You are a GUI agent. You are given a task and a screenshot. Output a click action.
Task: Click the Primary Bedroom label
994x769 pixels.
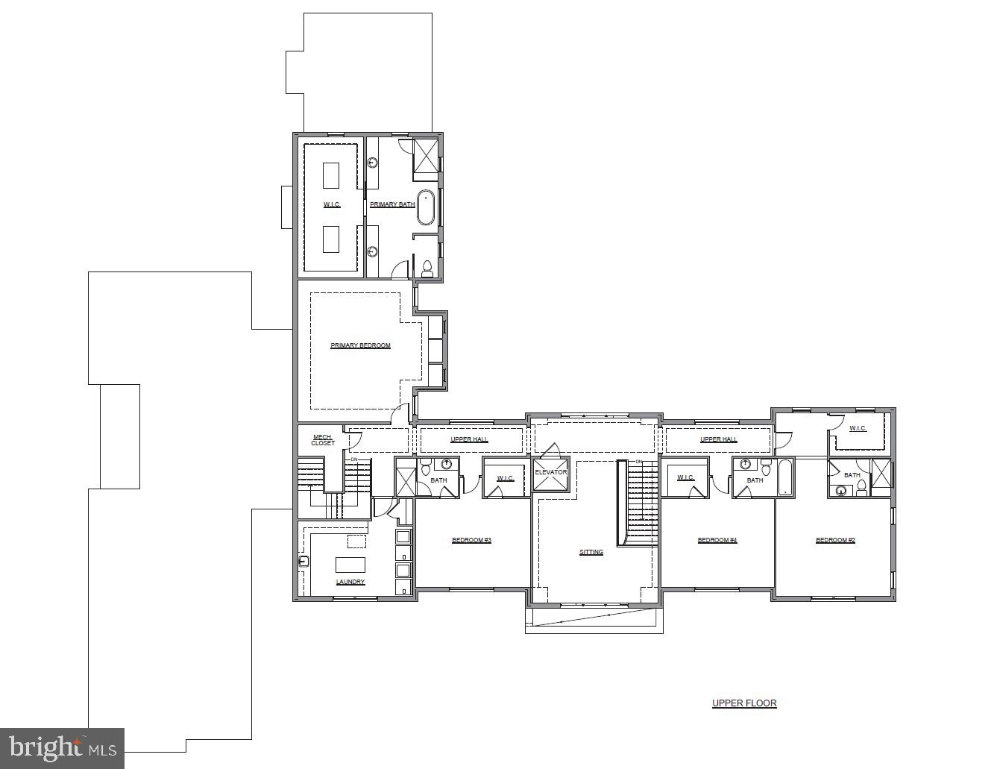coord(360,345)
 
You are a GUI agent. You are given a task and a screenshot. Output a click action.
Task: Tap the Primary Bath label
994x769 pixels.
coord(392,204)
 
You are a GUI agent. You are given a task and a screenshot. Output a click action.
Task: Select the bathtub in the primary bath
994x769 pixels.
coord(426,207)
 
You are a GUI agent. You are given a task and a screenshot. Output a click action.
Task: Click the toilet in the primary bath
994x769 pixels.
coord(427,268)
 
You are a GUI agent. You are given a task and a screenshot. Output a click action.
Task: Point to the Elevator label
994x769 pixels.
coord(550,472)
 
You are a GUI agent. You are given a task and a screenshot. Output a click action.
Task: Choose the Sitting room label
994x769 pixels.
coord(591,552)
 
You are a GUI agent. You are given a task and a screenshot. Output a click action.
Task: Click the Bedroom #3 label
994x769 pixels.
coord(471,540)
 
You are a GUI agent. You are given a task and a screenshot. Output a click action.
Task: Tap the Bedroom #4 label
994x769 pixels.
coord(717,540)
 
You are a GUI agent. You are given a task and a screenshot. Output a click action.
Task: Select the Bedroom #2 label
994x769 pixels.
coord(835,540)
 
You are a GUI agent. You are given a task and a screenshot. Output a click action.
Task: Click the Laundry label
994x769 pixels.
coord(350,582)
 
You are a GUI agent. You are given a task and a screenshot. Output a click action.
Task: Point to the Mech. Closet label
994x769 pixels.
coord(323,440)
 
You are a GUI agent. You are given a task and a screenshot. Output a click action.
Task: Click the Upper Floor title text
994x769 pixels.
coord(744,703)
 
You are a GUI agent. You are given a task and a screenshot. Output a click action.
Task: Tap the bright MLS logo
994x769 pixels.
coord(63,747)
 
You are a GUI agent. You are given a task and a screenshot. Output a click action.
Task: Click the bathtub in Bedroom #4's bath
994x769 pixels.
coord(785,477)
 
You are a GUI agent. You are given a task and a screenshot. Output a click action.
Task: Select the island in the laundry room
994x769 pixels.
coord(350,564)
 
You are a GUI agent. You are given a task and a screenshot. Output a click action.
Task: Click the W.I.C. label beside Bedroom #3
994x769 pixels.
coord(506,478)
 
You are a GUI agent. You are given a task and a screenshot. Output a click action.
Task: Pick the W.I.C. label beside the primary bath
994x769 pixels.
coord(332,204)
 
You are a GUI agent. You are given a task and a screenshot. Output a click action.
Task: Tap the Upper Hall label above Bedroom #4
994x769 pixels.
coord(719,439)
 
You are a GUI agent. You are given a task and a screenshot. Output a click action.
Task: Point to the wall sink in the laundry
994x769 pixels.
coord(303,561)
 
